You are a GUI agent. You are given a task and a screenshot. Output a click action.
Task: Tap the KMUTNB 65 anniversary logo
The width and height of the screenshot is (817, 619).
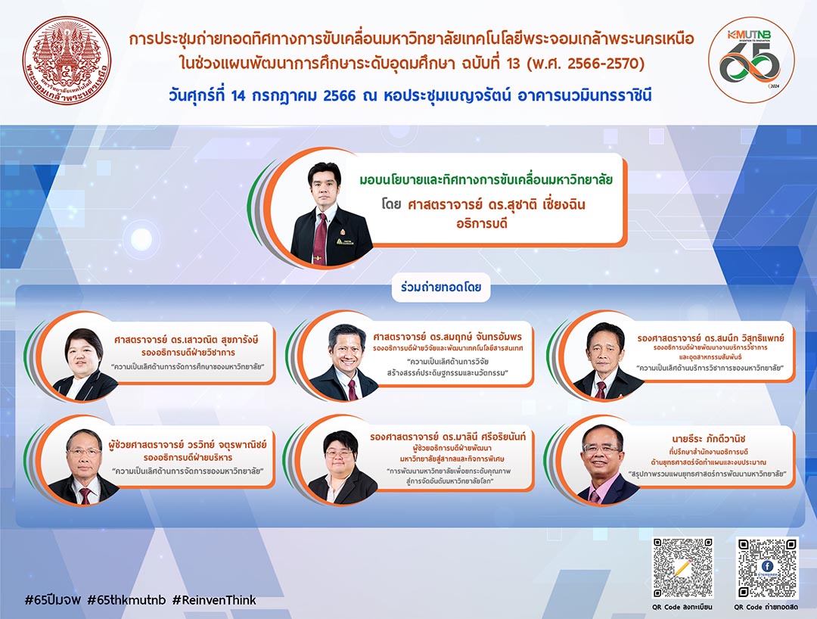click(x=751, y=59)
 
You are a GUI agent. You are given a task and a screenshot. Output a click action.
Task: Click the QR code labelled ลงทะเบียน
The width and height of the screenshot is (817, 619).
click(x=682, y=568)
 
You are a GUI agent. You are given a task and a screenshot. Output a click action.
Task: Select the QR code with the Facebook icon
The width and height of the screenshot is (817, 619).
click(x=767, y=568)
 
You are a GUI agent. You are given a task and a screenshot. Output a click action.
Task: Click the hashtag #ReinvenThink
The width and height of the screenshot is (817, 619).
click(x=214, y=600)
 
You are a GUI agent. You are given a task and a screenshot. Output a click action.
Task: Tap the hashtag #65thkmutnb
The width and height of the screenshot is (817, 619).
click(x=126, y=600)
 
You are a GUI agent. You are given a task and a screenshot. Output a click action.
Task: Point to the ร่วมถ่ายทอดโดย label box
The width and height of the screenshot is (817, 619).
click(x=441, y=287)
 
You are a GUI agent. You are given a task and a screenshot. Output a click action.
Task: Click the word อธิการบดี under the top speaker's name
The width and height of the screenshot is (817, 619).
click(x=482, y=223)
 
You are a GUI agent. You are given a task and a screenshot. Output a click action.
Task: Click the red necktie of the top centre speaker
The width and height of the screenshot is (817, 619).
click(x=320, y=238)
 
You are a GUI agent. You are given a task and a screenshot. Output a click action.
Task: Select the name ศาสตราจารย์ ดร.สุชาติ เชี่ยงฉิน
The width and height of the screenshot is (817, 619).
click(x=496, y=204)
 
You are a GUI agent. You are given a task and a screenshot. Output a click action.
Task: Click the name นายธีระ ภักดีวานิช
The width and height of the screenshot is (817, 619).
click(x=709, y=439)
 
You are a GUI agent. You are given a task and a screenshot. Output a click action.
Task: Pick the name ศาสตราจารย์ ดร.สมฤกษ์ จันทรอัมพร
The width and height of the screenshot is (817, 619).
click(x=448, y=337)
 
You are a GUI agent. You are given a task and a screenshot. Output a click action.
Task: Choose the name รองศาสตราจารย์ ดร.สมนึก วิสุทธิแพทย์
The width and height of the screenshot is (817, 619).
click(x=710, y=338)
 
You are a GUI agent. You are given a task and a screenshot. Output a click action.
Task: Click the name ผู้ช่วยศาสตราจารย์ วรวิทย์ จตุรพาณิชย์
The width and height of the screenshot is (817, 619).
click(x=188, y=444)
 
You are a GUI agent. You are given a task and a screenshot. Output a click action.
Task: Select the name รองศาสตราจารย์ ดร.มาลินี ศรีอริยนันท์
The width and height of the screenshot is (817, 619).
click(x=448, y=437)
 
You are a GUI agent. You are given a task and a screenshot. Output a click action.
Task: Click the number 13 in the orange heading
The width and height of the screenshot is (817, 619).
click(x=513, y=64)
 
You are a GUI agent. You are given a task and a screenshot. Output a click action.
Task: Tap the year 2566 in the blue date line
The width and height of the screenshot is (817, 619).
click(x=339, y=96)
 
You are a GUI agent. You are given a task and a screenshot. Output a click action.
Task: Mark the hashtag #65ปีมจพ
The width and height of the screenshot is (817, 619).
click(x=53, y=600)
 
